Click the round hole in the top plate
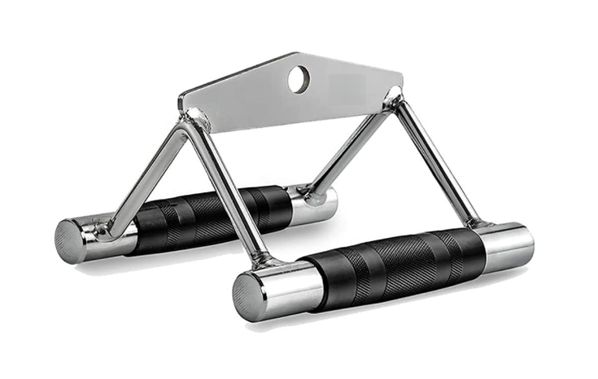pos(299,78)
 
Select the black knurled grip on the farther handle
pos(212,215)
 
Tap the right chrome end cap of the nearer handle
pos(506,246)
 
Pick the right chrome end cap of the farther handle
pos(316,204)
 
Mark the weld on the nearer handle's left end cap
pos(268,261)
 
